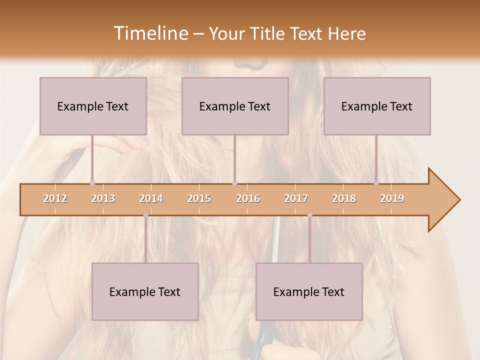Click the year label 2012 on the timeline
coord(55,198)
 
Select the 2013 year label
coord(103,198)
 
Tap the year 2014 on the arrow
coord(151,198)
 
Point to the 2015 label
coord(199,198)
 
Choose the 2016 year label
coord(248,198)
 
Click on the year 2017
coord(296,198)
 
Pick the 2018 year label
coord(344,198)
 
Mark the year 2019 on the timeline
coord(392,198)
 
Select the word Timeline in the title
coord(150,33)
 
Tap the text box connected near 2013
coord(93,106)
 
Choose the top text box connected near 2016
coord(235,106)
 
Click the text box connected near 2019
coord(377,106)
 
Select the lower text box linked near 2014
coord(145,291)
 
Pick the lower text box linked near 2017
coord(309,291)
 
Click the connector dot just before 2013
coord(92,183)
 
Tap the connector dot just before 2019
coord(376,183)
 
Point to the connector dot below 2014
coord(145,215)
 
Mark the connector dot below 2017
coord(309,215)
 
